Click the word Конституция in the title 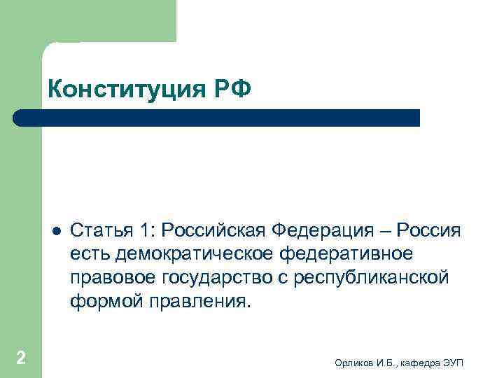point(129,89)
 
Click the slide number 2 point(21,358)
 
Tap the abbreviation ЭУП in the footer point(458,361)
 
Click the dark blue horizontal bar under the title point(217,118)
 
